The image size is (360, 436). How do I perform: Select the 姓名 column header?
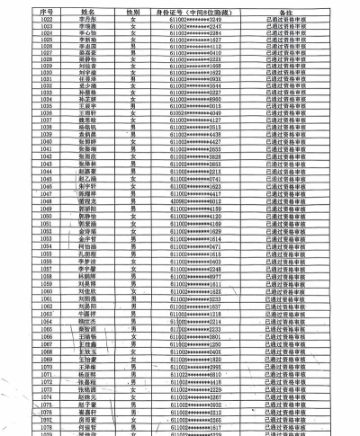(x=89, y=9)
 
